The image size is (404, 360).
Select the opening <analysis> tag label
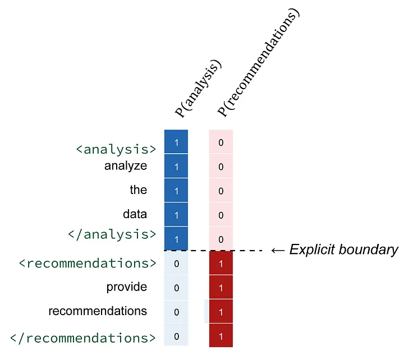pyautogui.click(x=116, y=149)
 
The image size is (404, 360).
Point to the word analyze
pyautogui.click(x=126, y=166)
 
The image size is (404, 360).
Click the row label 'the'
pyautogui.click(x=138, y=190)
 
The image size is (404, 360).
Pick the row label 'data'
pyautogui.click(x=135, y=214)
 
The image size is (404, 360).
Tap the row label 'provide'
pyautogui.click(x=127, y=287)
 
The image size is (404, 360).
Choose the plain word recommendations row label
pyautogui.click(x=98, y=311)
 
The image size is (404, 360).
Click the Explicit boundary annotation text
pyautogui.click(x=343, y=250)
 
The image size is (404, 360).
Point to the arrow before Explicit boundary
pyautogui.click(x=277, y=250)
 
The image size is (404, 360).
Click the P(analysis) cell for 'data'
pyautogui.click(x=176, y=215)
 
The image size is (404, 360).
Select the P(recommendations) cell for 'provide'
pyautogui.click(x=221, y=288)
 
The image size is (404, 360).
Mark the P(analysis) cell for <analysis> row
pyautogui.click(x=176, y=142)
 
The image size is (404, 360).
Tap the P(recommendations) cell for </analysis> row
pyautogui.click(x=221, y=239)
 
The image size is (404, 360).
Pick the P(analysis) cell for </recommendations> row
pyautogui.click(x=176, y=336)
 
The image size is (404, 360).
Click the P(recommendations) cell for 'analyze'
pyautogui.click(x=221, y=167)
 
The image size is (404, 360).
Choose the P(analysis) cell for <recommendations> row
pyautogui.click(x=176, y=264)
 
